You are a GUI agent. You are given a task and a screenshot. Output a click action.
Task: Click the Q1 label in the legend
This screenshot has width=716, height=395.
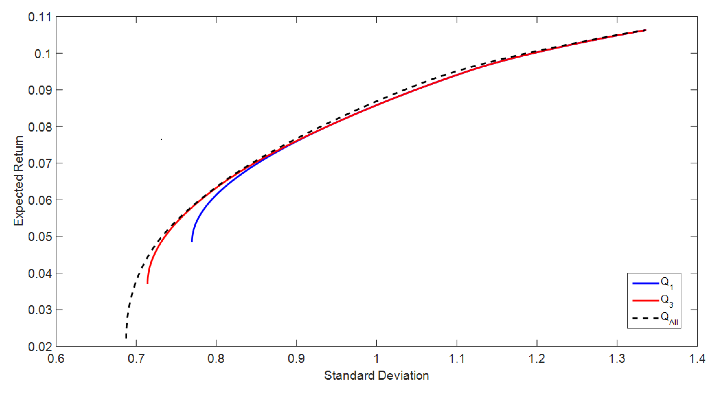click(667, 283)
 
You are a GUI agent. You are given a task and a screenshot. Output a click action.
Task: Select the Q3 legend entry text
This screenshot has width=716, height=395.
click(667, 300)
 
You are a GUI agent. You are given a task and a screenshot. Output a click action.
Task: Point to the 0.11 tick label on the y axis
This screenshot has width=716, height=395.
click(40, 17)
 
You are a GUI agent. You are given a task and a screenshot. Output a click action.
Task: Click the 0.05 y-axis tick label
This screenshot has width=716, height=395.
click(40, 237)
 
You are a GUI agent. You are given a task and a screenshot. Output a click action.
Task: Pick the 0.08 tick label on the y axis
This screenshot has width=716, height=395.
click(40, 127)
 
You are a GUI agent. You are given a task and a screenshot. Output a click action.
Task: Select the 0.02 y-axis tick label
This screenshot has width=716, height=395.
click(40, 346)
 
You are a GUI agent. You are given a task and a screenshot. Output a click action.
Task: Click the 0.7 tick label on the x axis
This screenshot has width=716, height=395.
click(136, 359)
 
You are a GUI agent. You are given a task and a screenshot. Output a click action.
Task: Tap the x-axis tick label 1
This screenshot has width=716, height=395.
click(377, 359)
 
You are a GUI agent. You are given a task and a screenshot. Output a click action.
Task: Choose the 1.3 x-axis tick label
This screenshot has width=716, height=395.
click(617, 359)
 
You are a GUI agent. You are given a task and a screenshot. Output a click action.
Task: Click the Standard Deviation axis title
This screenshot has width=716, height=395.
click(376, 375)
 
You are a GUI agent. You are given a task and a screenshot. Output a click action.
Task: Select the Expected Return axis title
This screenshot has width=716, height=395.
click(18, 181)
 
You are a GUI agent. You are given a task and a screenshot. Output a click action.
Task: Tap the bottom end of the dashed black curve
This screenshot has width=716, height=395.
click(126, 338)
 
